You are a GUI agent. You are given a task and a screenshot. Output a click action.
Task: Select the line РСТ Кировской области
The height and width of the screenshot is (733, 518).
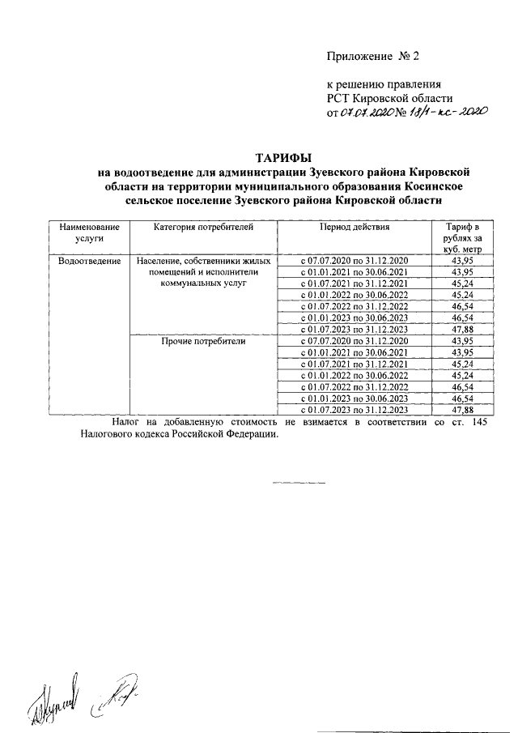(382, 98)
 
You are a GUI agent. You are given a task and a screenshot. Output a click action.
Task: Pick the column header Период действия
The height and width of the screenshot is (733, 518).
(355, 228)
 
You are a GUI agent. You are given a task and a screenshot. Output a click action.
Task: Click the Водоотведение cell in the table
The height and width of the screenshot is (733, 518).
(89, 261)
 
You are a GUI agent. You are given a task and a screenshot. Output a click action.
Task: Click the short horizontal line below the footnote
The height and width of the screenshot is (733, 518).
(299, 484)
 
